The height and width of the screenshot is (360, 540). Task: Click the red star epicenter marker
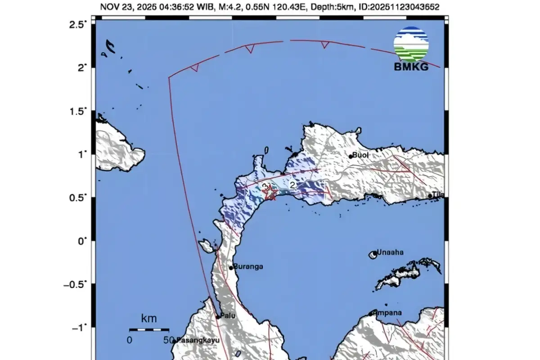pyautogui.click(x=270, y=193)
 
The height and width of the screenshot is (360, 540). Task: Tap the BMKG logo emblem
pyautogui.click(x=411, y=44)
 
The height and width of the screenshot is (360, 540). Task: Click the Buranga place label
pyautogui.click(x=248, y=266)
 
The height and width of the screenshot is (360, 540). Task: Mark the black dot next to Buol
pyautogui.click(x=351, y=157)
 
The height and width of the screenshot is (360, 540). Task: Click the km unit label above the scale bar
pyautogui.click(x=149, y=319)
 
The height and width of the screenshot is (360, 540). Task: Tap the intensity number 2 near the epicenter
pyautogui.click(x=292, y=185)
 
